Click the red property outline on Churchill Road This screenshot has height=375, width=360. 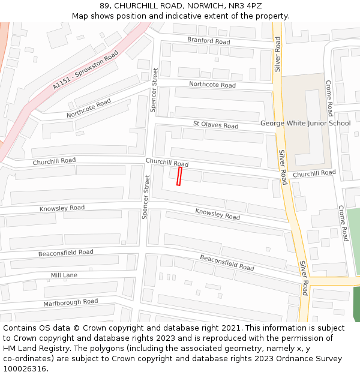179,176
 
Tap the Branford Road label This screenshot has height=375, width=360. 208,41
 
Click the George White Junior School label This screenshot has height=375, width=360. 305,124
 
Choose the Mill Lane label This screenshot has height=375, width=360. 64,275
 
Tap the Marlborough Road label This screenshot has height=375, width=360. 70,302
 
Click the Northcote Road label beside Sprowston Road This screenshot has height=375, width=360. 89,108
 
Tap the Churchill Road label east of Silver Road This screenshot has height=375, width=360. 314,173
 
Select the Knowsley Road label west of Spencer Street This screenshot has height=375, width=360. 62,208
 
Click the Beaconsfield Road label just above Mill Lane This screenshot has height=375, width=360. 66,253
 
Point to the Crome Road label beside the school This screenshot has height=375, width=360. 329,98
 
